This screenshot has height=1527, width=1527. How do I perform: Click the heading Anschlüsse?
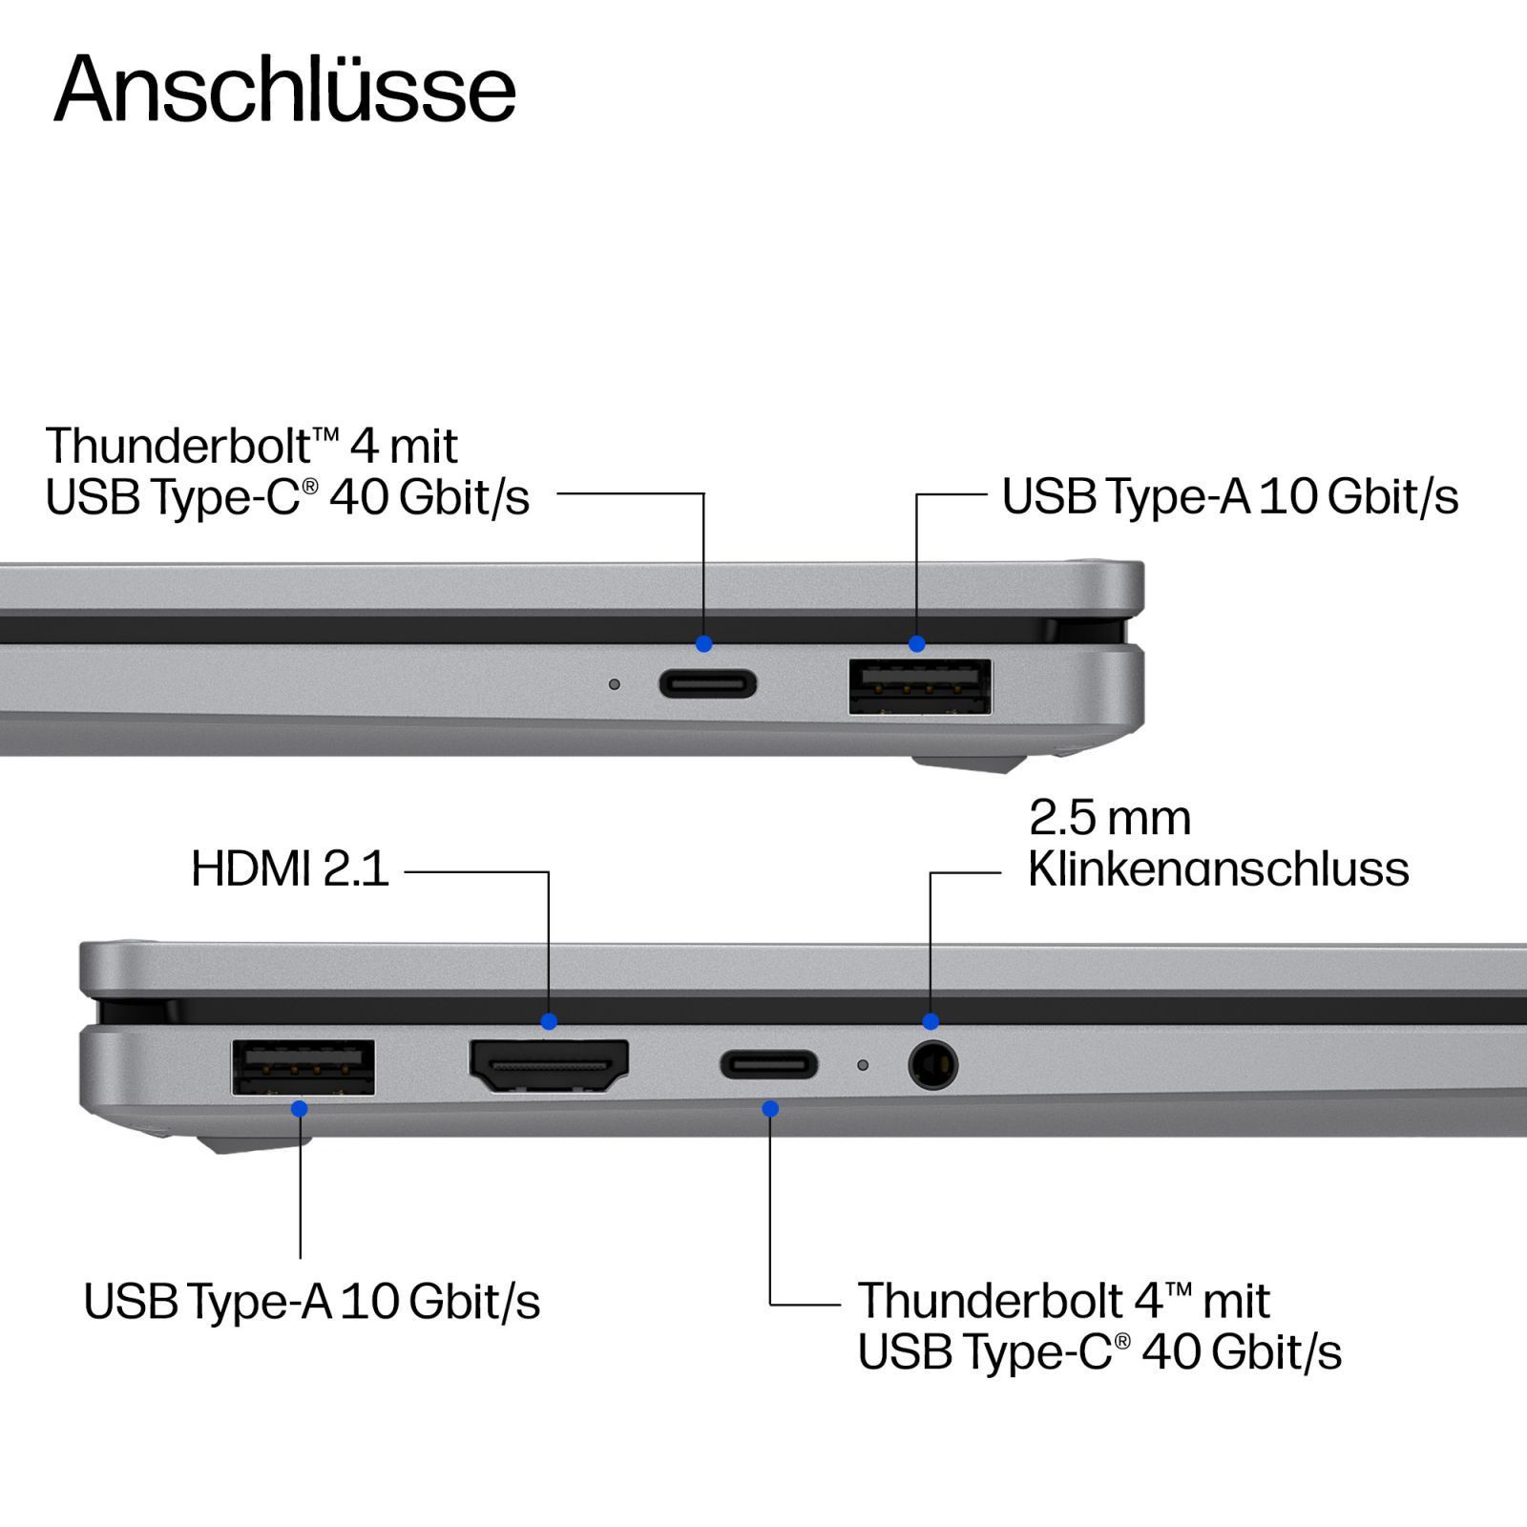284,89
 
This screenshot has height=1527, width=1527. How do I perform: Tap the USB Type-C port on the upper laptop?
708,684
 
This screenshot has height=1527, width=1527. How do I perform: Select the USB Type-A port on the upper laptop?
920,686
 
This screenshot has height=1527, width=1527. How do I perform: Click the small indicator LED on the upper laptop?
615,684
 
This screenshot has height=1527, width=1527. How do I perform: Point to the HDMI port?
549,1066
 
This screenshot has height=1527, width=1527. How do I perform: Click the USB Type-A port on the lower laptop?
303,1067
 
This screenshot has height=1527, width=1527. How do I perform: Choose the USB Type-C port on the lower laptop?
769,1064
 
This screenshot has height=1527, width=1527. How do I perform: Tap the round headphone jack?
933,1065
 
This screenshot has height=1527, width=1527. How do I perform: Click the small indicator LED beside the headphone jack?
863,1064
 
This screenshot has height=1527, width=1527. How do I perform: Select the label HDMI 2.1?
290,868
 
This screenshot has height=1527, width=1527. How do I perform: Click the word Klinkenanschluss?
1218,868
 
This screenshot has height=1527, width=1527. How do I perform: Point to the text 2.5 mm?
1110,818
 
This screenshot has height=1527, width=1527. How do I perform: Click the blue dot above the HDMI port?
549,1021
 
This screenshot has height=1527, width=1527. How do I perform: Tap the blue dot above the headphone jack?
931,1021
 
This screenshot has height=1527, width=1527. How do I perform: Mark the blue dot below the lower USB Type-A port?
300,1108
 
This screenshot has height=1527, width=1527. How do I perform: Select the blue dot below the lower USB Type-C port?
770,1108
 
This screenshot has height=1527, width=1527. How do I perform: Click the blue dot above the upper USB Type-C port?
704,644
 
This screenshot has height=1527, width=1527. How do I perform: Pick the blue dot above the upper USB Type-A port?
916,644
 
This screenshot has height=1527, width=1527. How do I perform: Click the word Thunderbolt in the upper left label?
178,446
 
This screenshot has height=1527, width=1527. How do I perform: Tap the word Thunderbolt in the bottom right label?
991,1300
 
